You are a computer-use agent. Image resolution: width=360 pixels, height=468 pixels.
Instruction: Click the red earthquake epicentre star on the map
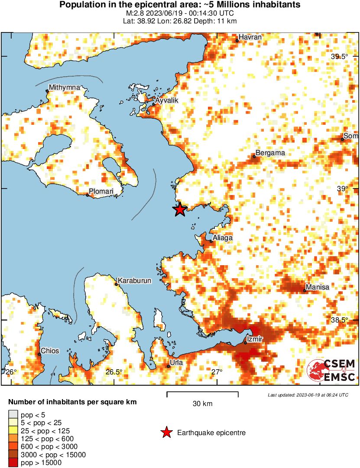pyautogui.click(x=180, y=210)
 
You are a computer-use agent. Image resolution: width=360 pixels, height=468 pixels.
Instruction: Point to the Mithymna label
pyautogui.click(x=65, y=88)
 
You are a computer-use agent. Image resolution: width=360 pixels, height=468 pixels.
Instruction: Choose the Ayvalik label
pyautogui.click(x=167, y=100)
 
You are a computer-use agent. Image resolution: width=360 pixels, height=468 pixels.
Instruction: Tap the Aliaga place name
pyautogui.click(x=223, y=238)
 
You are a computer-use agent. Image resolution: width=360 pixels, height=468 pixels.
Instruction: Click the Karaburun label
pyautogui.click(x=135, y=281)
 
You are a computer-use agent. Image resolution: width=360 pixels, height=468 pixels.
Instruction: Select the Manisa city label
pyautogui.click(x=318, y=287)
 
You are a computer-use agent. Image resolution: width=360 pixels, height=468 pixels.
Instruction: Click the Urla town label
pyautogui.click(x=176, y=363)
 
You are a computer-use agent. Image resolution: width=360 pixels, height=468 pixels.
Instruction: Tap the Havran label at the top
pyautogui.click(x=251, y=37)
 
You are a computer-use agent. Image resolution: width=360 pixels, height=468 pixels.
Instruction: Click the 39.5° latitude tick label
pyautogui.click(x=340, y=57)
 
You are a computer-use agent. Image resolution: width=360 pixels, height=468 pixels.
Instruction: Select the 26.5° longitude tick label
pyautogui.click(x=114, y=372)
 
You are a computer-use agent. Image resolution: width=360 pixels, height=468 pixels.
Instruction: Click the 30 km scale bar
pyautogui.click(x=202, y=394)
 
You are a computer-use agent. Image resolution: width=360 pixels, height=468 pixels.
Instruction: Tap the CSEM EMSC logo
pyautogui.click(x=331, y=371)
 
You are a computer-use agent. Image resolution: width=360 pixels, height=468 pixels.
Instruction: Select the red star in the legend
pyautogui.click(x=166, y=432)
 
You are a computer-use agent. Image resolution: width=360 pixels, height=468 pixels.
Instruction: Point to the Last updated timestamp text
pyautogui.click(x=308, y=395)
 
